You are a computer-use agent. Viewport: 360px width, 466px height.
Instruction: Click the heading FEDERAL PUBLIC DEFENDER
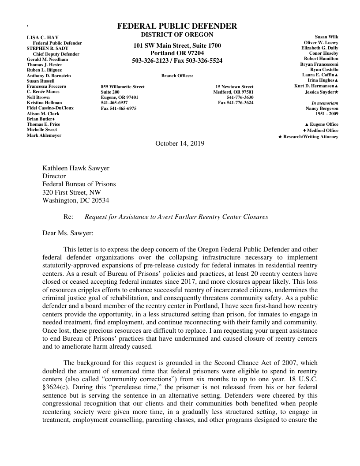tap(177, 26)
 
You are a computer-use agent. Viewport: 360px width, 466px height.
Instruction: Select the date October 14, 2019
tap(180, 143)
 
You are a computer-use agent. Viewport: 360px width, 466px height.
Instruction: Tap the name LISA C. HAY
tap(43, 38)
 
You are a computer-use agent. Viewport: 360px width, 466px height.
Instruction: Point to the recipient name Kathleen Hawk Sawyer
tap(76, 168)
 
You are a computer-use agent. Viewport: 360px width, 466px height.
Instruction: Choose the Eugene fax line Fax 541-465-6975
tap(119, 108)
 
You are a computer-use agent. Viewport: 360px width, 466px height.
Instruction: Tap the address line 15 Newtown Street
tap(234, 87)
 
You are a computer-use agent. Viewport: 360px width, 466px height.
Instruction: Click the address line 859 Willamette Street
tap(123, 87)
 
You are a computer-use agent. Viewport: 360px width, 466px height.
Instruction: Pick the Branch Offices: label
tap(177, 76)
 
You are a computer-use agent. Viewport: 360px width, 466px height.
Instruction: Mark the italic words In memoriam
tap(325, 103)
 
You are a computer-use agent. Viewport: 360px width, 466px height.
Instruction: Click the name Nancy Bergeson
tap(322, 108)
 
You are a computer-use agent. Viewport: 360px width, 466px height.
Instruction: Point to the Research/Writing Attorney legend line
tap(308, 137)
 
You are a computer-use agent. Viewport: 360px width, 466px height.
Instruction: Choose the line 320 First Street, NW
tap(71, 192)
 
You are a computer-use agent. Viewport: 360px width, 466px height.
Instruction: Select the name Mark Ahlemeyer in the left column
tap(44, 135)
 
